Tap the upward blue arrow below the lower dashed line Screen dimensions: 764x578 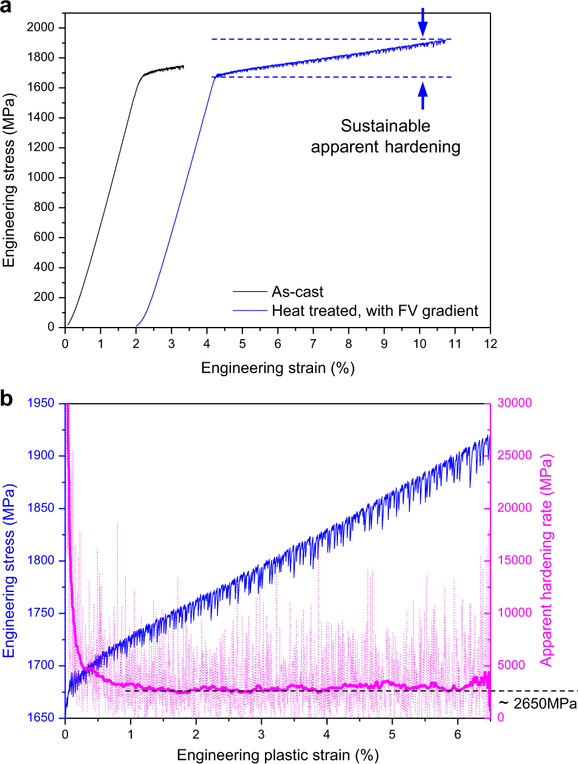coord(422,94)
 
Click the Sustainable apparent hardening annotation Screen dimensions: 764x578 coord(385,137)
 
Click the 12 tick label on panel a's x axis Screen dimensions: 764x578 coord(490,343)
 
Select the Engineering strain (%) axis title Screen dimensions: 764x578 coord(278,368)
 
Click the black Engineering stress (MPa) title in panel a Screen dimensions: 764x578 coord(10,177)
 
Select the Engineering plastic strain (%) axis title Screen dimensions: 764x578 coord(278,755)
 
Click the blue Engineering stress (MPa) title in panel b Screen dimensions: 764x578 coord(10,560)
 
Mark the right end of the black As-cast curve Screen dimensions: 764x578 coord(183,66)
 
